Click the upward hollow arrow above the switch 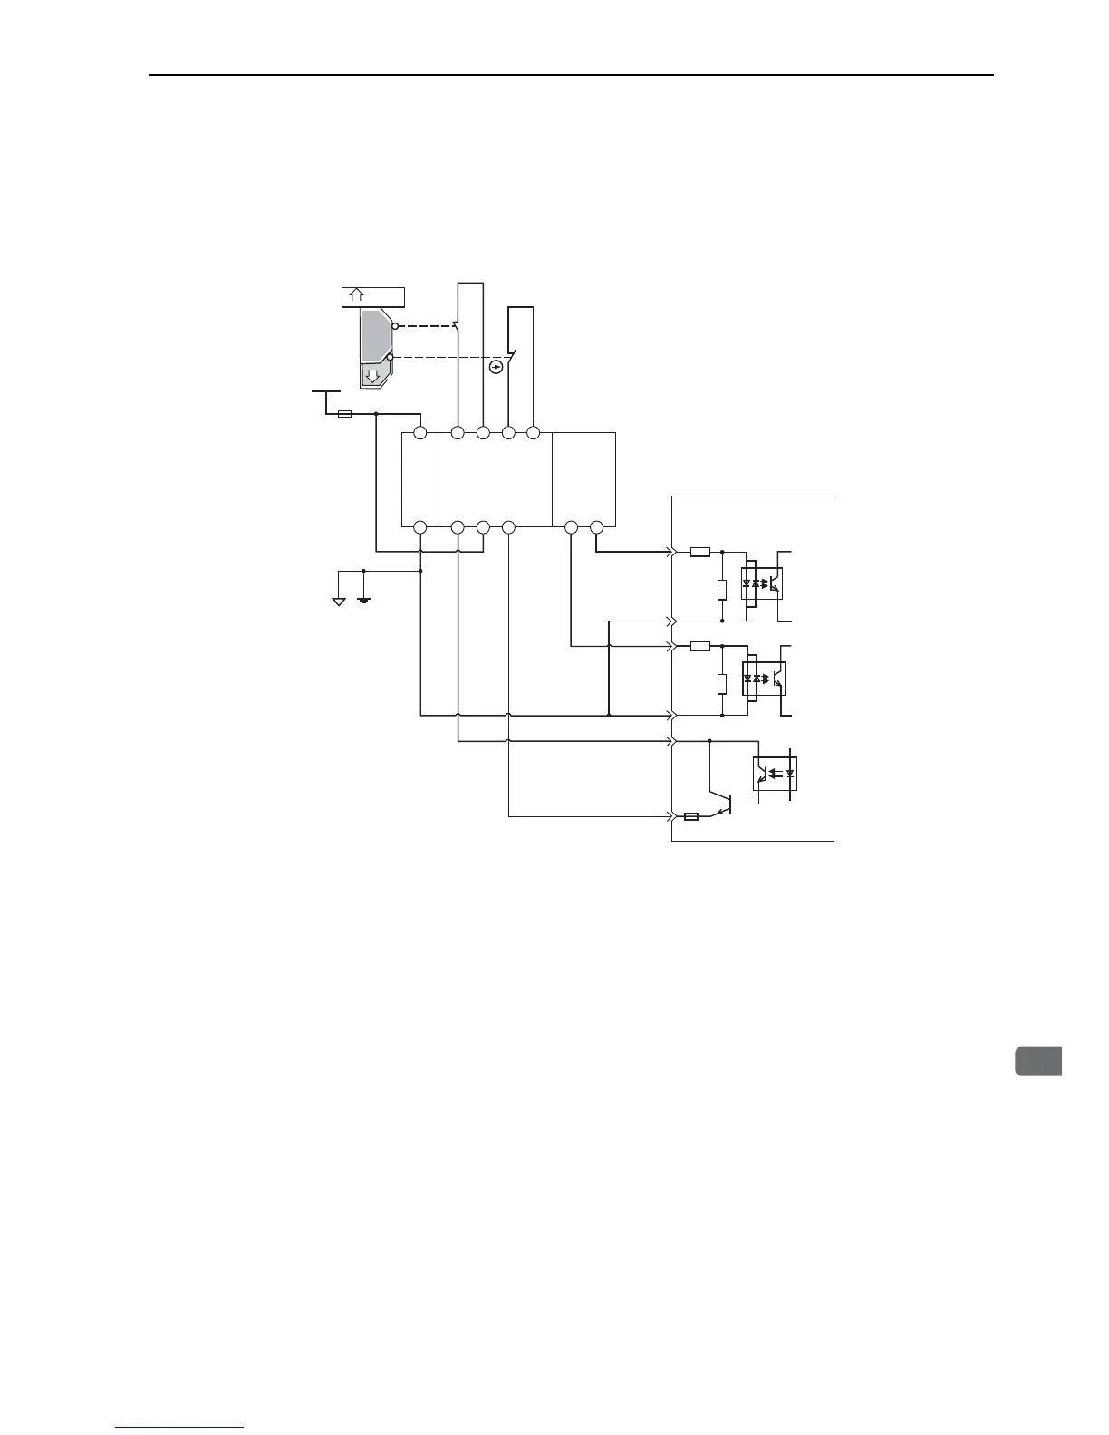(x=357, y=295)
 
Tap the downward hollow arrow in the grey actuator (x=371, y=376)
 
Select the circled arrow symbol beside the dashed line (x=496, y=367)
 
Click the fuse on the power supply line (x=344, y=414)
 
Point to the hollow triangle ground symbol (x=338, y=601)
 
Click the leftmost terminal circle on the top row (x=419, y=433)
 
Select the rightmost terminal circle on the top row (x=534, y=433)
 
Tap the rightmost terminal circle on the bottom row (x=596, y=527)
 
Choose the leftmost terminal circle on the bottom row (x=419, y=527)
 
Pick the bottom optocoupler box (x=776, y=773)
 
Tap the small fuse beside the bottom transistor (x=690, y=816)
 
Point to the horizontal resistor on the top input (x=699, y=551)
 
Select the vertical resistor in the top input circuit (x=721, y=589)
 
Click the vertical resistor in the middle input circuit (x=721, y=683)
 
